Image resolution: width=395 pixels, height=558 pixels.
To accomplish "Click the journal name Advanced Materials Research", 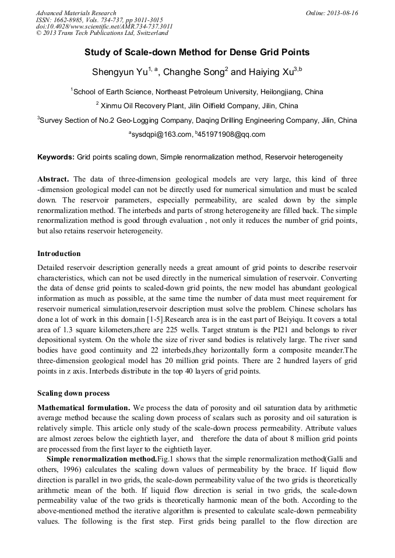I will [76, 13].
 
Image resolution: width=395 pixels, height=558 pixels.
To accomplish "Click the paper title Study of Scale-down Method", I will [197, 52].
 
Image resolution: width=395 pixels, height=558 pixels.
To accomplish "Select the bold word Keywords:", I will [56, 157].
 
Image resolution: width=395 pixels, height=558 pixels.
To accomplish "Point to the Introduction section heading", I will [59, 254].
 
